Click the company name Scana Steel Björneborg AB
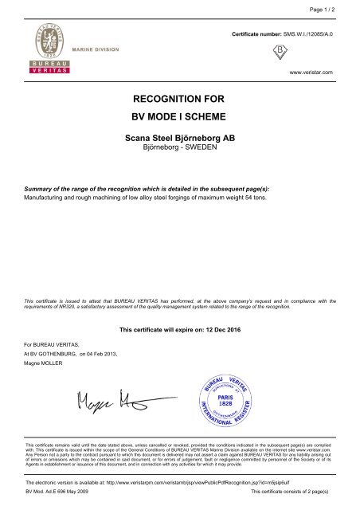pyautogui.click(x=179, y=138)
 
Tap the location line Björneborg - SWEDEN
pyautogui.click(x=179, y=148)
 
